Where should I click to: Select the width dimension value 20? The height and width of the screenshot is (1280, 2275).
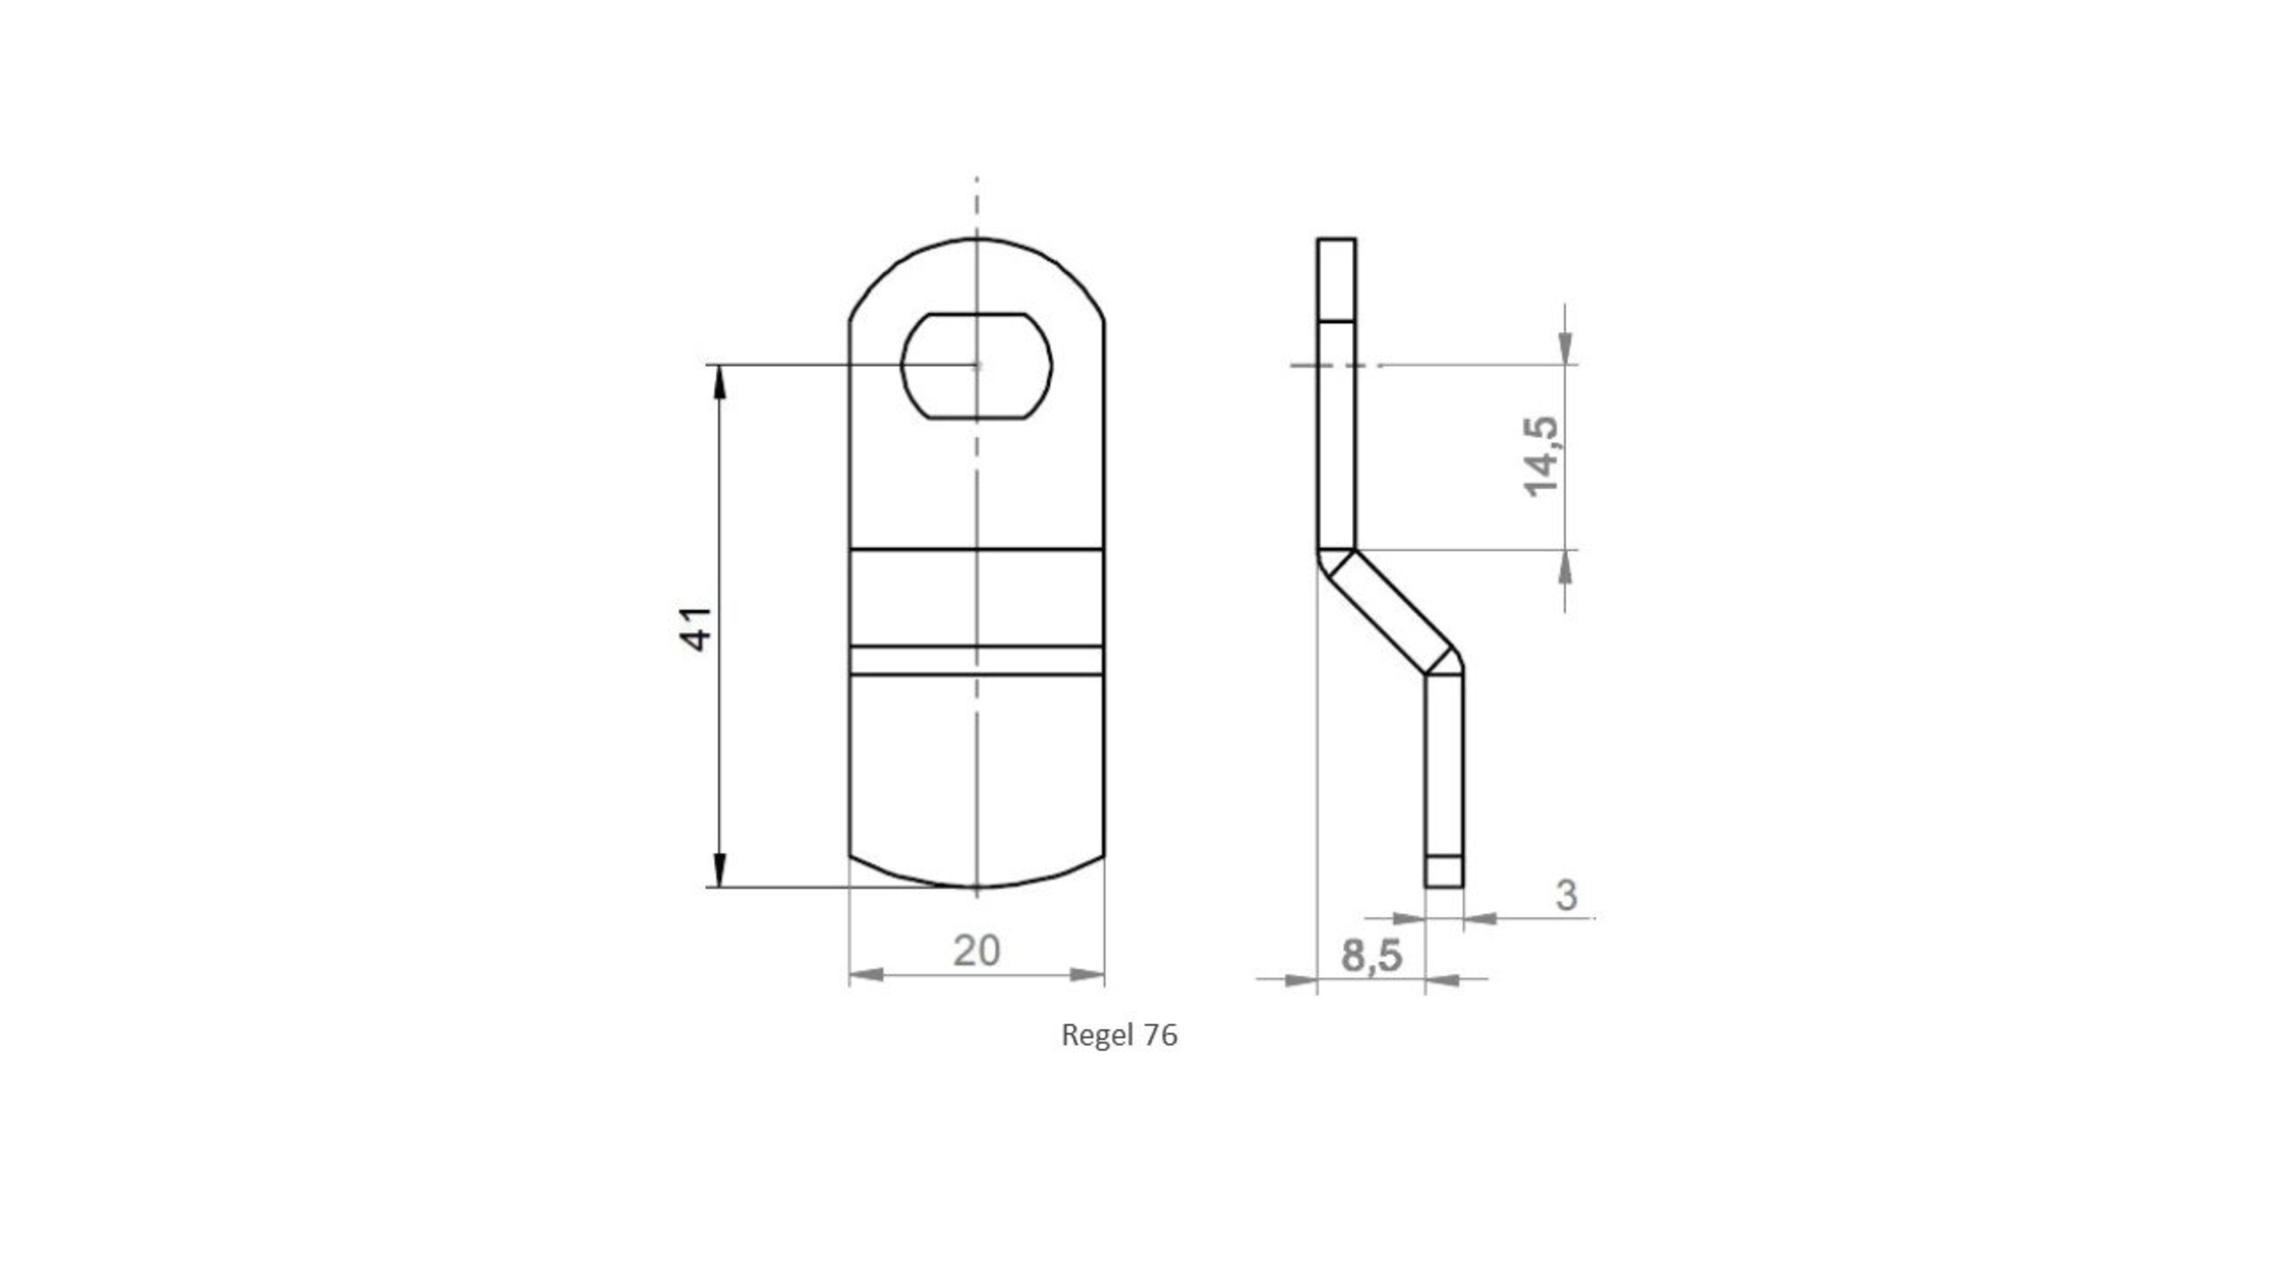(977, 951)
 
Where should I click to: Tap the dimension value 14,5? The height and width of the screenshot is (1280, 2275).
(1542, 456)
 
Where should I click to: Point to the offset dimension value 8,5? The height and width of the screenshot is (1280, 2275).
(1371, 956)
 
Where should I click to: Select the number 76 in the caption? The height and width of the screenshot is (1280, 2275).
(1160, 1034)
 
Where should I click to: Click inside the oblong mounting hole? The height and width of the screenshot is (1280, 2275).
(976, 366)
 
